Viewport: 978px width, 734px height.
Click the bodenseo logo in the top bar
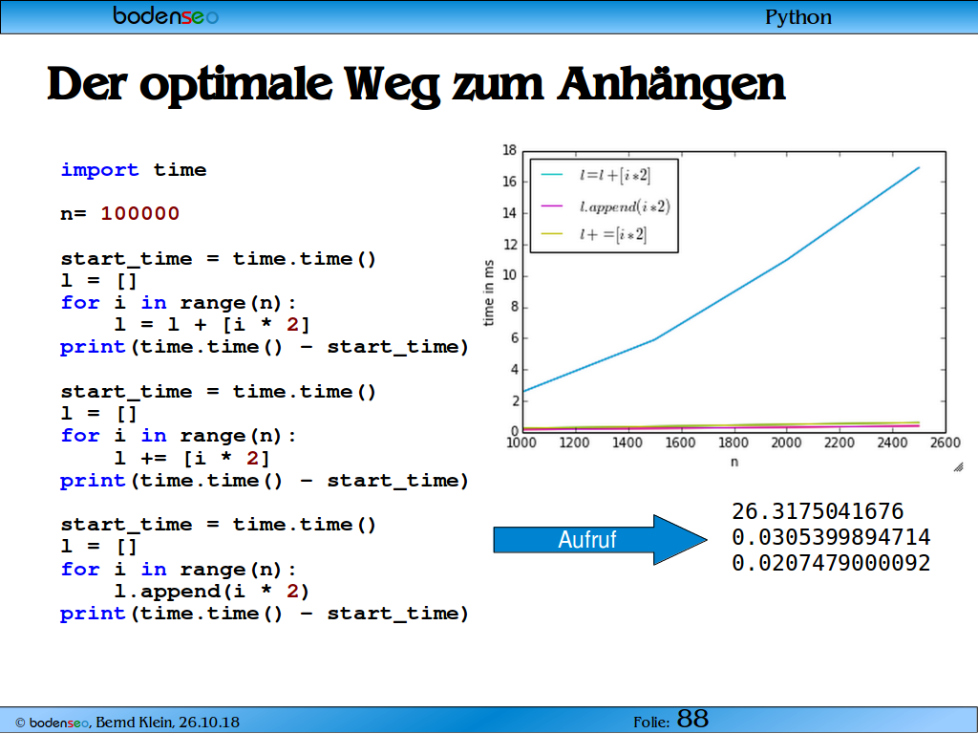166,15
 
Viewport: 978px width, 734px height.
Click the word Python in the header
798,17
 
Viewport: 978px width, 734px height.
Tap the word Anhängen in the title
671,85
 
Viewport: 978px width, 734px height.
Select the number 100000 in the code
139,213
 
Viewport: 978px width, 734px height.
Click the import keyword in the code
99,170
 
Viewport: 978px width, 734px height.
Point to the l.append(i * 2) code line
212,591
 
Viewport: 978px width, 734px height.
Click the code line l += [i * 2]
192,458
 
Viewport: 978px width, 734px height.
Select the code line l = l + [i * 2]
212,325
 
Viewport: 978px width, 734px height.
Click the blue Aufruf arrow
600,540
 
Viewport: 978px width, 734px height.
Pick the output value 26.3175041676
818,512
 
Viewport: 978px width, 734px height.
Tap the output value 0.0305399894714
831,537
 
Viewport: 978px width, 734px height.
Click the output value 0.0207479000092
831,563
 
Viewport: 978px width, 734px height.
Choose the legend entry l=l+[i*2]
596,176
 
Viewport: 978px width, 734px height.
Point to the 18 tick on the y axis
510,150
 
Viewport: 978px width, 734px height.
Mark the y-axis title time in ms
488,292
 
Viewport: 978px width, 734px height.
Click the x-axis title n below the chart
734,463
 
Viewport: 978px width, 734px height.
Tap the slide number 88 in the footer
692,719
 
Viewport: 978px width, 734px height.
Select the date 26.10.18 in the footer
208,723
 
